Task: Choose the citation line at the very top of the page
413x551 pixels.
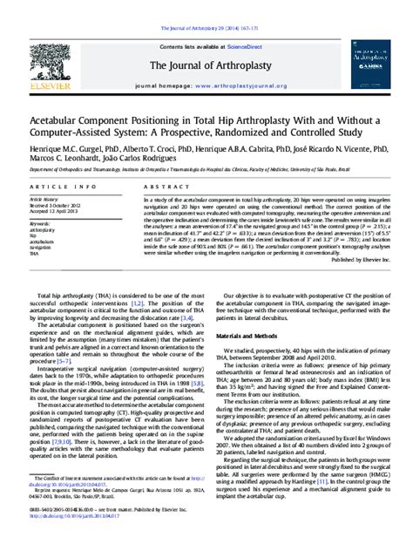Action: [206, 7]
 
